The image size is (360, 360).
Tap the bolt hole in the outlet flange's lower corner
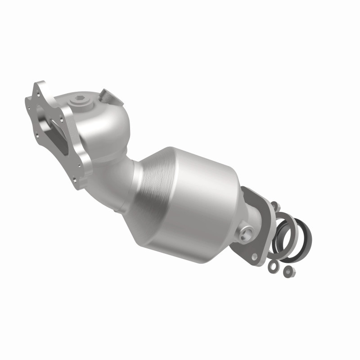255,256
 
